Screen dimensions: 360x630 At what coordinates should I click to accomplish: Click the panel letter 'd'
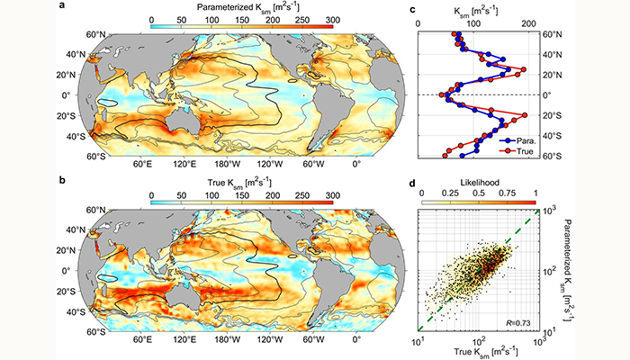click(x=412, y=184)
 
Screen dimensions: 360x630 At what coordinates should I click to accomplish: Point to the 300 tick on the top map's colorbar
click(x=330, y=19)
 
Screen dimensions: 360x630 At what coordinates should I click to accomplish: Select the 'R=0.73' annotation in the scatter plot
click(x=517, y=334)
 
